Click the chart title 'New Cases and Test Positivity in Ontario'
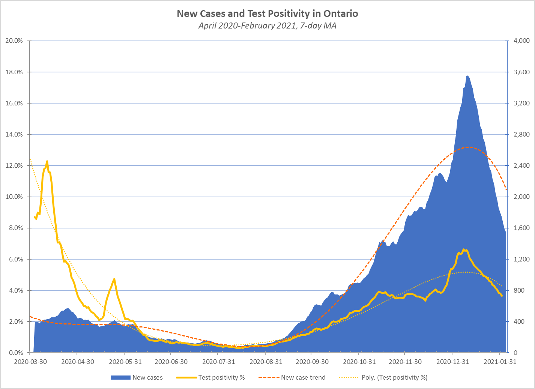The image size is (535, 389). click(267, 14)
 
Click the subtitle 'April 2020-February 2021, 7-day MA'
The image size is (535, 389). click(267, 26)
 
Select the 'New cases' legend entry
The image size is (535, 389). click(147, 377)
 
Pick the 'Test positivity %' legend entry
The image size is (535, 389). click(221, 377)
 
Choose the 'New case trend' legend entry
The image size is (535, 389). click(303, 377)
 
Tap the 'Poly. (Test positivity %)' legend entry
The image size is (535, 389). click(394, 377)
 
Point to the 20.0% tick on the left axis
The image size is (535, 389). click(14, 41)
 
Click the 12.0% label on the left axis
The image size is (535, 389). click(14, 165)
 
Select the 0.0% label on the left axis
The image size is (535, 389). click(15, 353)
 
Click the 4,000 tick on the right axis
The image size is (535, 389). click(521, 41)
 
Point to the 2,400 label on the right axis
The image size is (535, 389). click(521, 165)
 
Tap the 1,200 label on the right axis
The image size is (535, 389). click(521, 259)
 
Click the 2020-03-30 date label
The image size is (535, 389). click(30, 362)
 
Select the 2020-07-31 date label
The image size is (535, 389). click(218, 362)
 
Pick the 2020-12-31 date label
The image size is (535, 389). click(452, 362)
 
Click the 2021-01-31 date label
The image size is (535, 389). click(499, 362)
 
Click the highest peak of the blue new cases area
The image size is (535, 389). click(467, 76)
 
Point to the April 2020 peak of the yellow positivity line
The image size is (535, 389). click(47, 161)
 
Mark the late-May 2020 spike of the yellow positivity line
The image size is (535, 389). click(114, 279)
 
